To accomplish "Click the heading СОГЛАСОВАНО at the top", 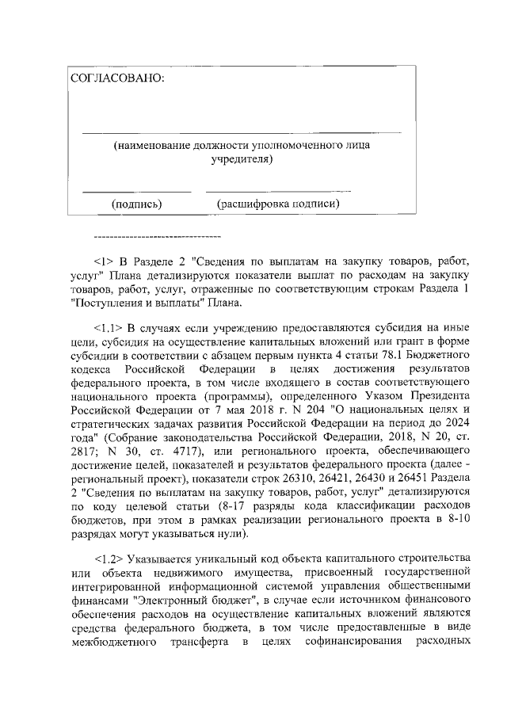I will click(119, 79).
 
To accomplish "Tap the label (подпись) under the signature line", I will click(137, 204).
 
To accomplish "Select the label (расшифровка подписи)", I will click(278, 204).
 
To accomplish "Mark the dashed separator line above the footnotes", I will click(157, 236).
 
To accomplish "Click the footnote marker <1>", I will click(105, 259).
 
